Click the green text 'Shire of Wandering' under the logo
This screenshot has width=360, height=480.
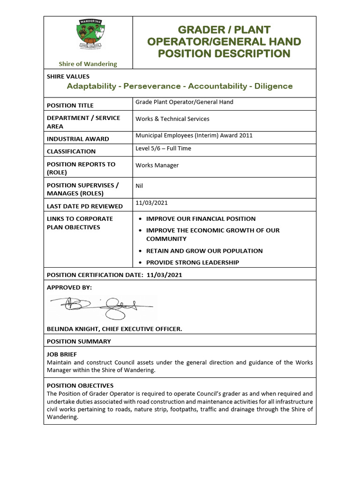coord(88,64)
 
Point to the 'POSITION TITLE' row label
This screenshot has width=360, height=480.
coord(70,105)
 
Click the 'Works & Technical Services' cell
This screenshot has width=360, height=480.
coord(172,119)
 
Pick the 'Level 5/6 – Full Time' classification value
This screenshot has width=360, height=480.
coord(163,149)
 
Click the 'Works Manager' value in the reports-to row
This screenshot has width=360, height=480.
coord(157,165)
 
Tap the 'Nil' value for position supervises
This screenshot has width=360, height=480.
coord(139,186)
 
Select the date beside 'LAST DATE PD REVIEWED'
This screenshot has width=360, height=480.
coord(151,203)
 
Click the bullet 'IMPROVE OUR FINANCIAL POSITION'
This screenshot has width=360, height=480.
coord(201,219)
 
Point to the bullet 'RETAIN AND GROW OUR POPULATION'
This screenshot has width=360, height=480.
coord(204,251)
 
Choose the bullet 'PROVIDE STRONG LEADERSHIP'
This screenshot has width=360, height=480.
coord(192,262)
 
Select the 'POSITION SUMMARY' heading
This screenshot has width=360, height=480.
coord(79,341)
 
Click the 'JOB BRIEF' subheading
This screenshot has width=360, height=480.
coord(62,354)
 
